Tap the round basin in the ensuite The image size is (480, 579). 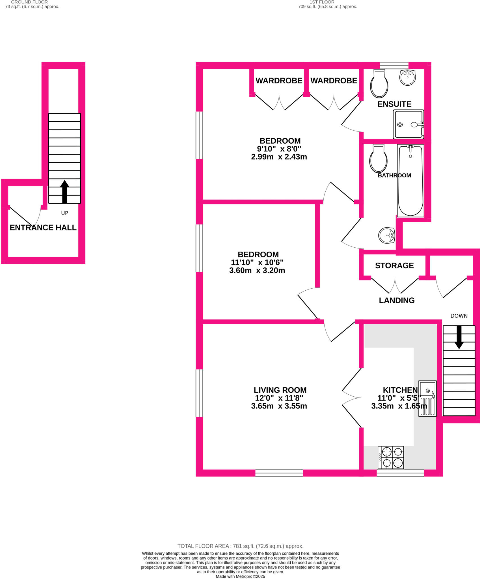click(x=407, y=77)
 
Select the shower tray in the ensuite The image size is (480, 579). click(x=408, y=124)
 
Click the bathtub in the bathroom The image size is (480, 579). click(x=410, y=181)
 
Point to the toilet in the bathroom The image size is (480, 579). click(x=379, y=159)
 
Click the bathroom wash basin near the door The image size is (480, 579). click(x=386, y=235)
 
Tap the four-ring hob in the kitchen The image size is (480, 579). click(x=391, y=457)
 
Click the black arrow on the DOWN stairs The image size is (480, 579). click(x=459, y=337)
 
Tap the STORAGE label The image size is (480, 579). click(x=394, y=265)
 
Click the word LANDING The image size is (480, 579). click(x=397, y=301)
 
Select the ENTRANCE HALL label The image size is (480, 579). click(x=43, y=228)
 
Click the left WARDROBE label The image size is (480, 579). click(x=279, y=81)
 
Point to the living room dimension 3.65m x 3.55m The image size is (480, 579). click(x=279, y=406)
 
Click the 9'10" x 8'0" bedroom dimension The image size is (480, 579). click(x=279, y=149)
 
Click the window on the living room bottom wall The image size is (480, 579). click(x=279, y=473)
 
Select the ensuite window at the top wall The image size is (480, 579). click(x=394, y=65)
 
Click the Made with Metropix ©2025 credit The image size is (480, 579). click(x=240, y=576)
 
